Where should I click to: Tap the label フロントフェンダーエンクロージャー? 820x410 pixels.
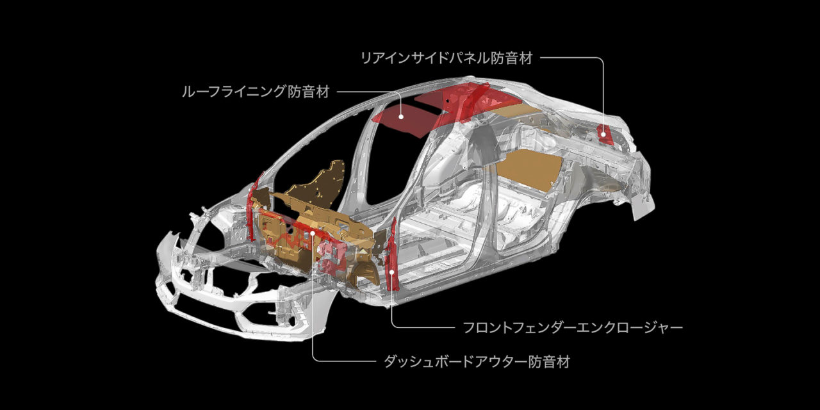point(573,328)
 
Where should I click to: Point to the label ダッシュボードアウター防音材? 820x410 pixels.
point(476,362)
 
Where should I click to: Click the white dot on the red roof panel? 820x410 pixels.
point(401,117)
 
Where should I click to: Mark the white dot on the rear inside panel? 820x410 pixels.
point(603,135)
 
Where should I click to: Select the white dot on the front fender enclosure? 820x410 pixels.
point(392,271)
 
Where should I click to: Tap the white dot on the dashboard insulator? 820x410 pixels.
point(313,234)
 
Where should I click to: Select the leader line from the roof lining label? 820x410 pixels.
point(365,92)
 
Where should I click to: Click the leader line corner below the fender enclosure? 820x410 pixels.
point(393,325)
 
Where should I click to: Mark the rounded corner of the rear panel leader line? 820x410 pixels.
point(602,60)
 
